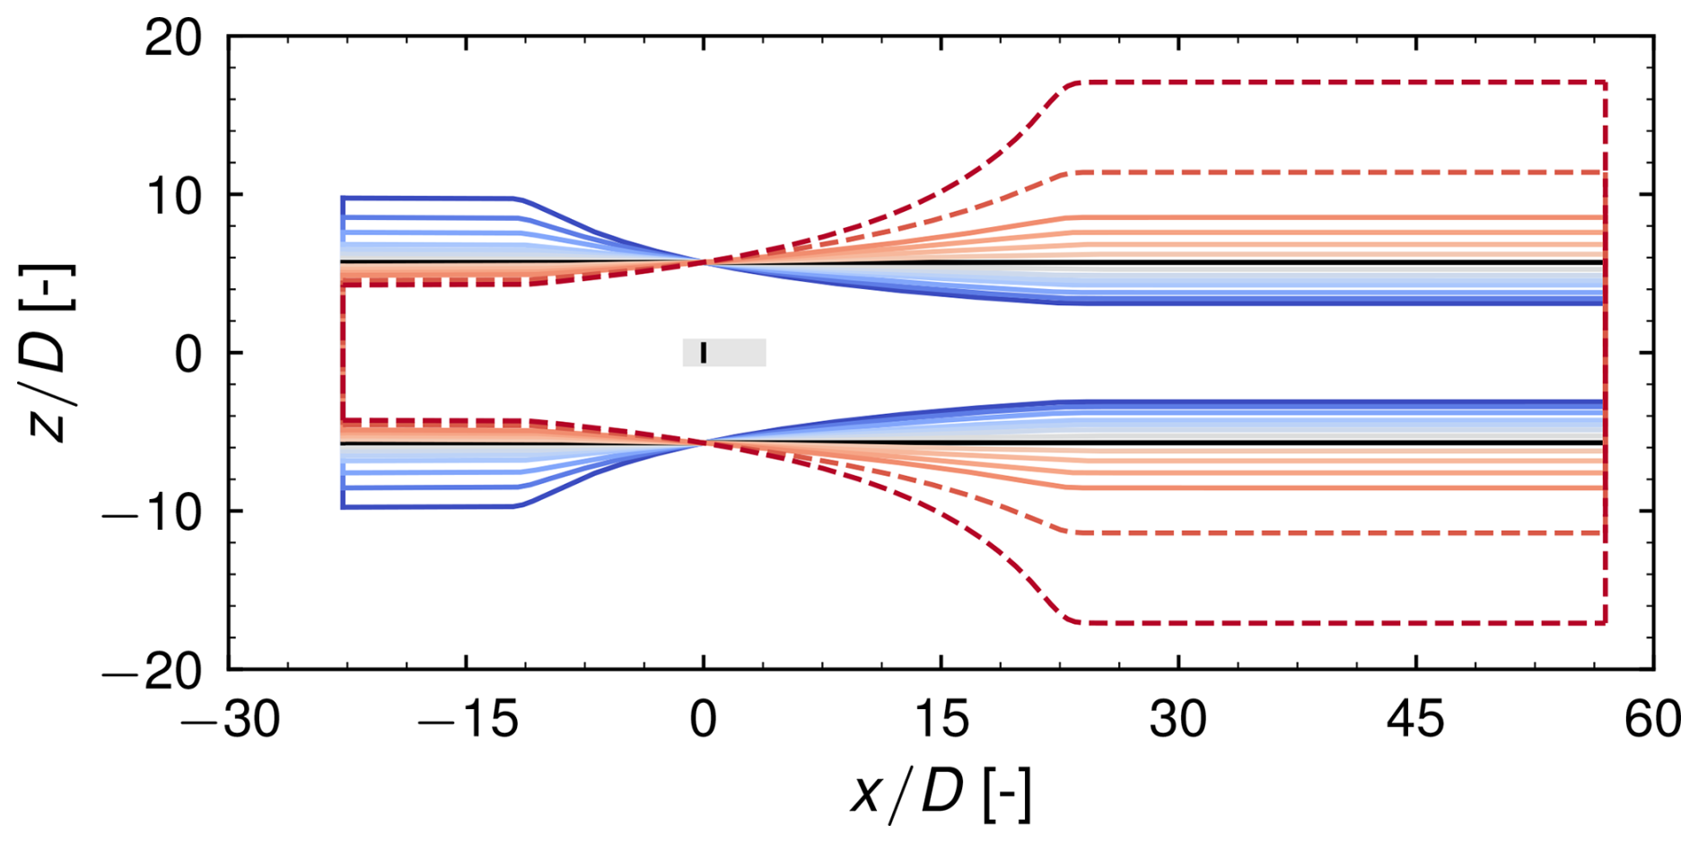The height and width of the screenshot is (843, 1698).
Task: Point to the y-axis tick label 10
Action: click(173, 196)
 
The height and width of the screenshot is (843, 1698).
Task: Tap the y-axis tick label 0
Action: click(188, 354)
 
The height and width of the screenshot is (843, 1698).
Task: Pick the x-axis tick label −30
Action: click(230, 720)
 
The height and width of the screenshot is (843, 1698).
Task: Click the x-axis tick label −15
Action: click(467, 720)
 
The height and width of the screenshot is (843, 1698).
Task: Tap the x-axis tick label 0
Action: click(704, 720)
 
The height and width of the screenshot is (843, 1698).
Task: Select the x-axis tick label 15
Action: click(941, 720)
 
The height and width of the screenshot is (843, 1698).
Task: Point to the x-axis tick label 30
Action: click(1178, 720)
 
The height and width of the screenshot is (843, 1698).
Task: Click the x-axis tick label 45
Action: click(1416, 720)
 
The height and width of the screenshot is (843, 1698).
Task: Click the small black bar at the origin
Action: click(704, 353)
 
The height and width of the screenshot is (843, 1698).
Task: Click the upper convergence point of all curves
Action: click(704, 262)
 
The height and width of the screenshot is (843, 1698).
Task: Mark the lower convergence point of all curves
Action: click(704, 443)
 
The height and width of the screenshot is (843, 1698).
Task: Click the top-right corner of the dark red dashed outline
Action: click(1605, 83)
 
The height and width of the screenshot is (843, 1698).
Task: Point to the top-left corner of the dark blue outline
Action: click(343, 198)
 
